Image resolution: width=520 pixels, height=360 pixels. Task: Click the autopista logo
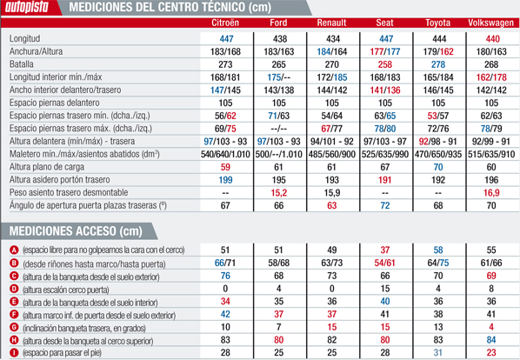[30, 9]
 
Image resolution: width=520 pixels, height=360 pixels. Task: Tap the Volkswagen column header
[493, 23]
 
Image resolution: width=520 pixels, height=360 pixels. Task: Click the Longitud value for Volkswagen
[493, 39]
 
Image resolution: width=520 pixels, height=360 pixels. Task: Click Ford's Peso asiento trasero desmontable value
[279, 192]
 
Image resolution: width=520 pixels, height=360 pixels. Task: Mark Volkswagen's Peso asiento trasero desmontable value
[493, 192]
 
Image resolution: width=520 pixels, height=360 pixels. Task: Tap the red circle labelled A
[12, 250]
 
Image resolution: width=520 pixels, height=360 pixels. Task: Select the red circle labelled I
[12, 353]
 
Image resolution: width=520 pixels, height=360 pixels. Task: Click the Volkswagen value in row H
[493, 340]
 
